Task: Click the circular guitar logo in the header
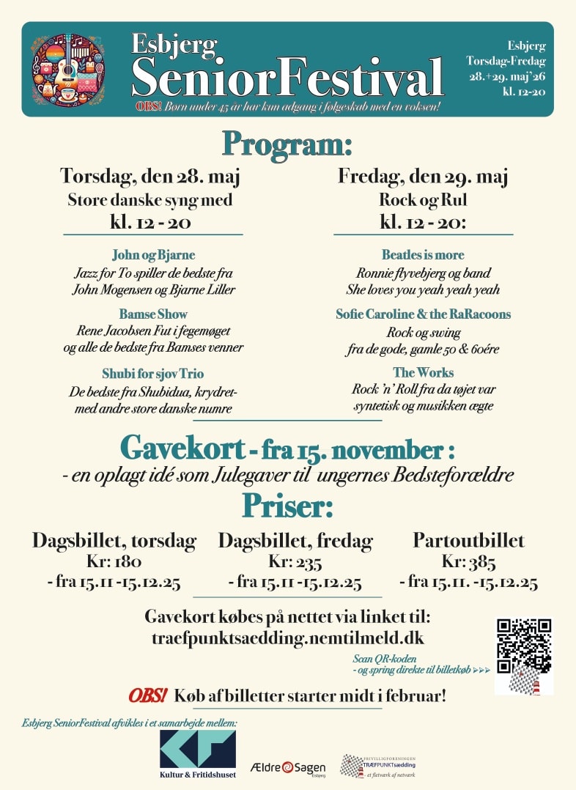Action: (x=67, y=70)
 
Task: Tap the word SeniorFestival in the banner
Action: (x=287, y=76)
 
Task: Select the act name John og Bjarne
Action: (x=153, y=255)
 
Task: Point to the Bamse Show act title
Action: (x=153, y=314)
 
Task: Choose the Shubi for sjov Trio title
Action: (x=153, y=372)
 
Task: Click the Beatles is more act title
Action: (x=423, y=255)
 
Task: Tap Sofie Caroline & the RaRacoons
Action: (x=423, y=314)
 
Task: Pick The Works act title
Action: (x=423, y=372)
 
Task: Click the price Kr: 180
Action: (x=114, y=562)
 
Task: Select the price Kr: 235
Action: (x=295, y=562)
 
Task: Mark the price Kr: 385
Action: (x=469, y=562)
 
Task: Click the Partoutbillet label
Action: (x=469, y=541)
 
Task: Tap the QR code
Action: (x=524, y=646)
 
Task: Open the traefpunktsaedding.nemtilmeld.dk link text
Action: (x=287, y=638)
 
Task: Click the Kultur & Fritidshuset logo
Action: (x=198, y=753)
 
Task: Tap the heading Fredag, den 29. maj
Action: (x=423, y=177)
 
